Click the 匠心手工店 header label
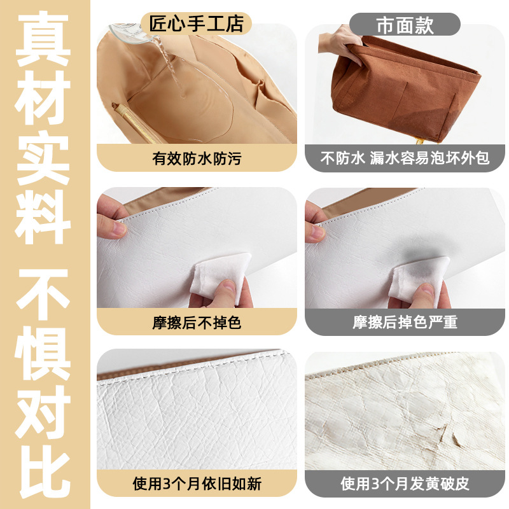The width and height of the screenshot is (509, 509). [x=196, y=24]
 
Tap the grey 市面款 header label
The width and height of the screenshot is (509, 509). [x=405, y=24]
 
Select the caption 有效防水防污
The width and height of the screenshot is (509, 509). [x=197, y=158]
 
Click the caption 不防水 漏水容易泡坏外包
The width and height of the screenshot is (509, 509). [x=405, y=158]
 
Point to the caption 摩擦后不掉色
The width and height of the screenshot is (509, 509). [x=197, y=323]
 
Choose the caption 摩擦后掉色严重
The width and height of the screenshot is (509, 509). [x=405, y=323]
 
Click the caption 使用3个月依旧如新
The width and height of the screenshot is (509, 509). [x=197, y=484]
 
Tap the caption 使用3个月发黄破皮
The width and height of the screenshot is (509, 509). [x=405, y=484]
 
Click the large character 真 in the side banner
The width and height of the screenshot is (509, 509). [x=43, y=39]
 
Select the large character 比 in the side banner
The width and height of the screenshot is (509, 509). [x=43, y=471]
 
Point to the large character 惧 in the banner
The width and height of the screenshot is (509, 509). [x=43, y=353]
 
